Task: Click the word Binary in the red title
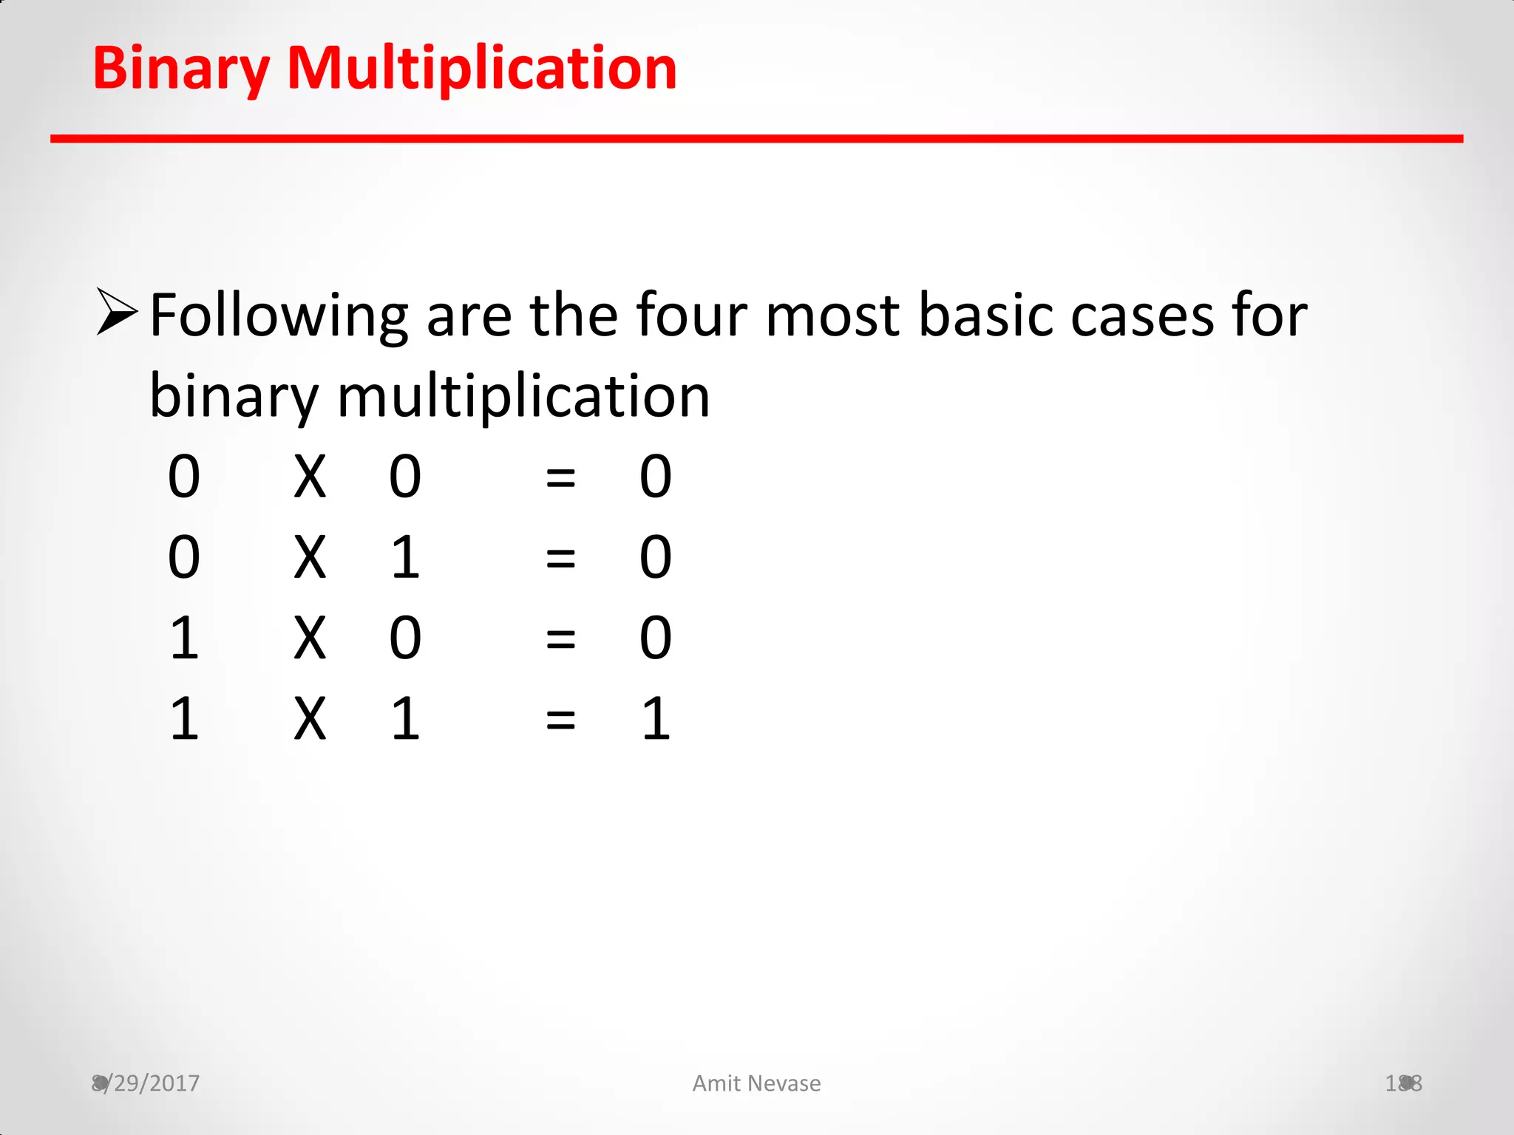(180, 69)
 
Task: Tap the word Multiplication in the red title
(481, 69)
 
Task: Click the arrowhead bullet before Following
(117, 312)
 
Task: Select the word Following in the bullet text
(279, 316)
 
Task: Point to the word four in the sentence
(692, 316)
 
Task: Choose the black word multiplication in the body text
(523, 397)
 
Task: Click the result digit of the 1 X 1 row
(656, 718)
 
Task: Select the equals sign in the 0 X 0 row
(560, 477)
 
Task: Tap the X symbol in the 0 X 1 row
(310, 558)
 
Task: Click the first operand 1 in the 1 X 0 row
(184, 638)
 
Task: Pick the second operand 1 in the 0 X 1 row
(405, 558)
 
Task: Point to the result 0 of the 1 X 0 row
(656, 638)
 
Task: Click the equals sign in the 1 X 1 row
(560, 718)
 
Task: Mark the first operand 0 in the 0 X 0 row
(184, 477)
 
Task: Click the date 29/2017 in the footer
(155, 1083)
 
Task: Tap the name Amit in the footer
(716, 1083)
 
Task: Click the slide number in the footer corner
(1403, 1083)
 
